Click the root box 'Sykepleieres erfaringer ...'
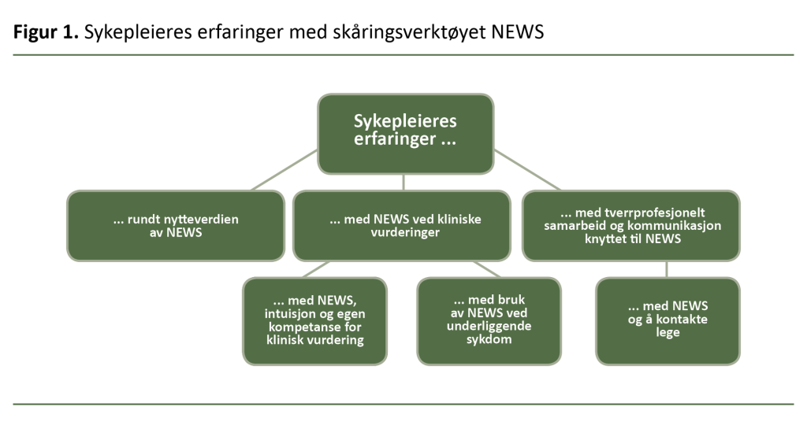pos(405,134)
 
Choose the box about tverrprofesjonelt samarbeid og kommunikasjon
pos(630,225)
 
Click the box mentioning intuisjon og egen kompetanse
pos(314,321)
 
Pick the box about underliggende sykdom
pos(489,321)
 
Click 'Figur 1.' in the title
pos(46,33)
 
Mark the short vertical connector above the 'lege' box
pos(667,268)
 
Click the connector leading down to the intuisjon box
pos(315,268)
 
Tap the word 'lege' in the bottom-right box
pos(667,333)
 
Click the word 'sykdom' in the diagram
pos(489,341)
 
